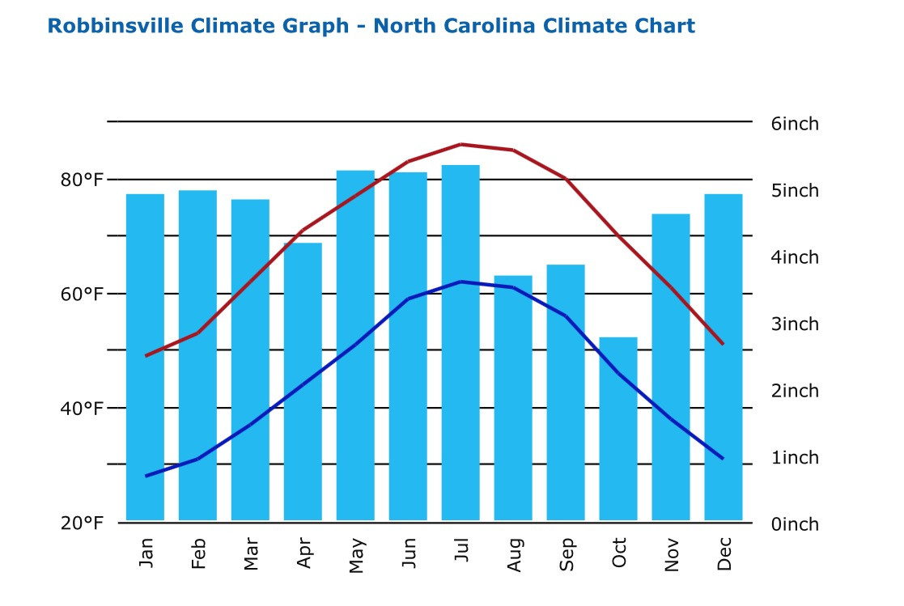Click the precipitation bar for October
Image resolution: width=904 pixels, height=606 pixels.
[x=618, y=429]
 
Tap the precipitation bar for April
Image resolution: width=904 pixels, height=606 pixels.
[x=303, y=381]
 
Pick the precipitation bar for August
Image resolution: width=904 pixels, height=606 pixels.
[x=513, y=398]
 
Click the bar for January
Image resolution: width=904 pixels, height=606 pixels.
[x=145, y=357]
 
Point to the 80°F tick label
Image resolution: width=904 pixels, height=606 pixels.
[x=83, y=180]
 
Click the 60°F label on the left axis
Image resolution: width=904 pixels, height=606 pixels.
[x=83, y=294]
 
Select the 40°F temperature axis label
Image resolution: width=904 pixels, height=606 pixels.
[x=83, y=409]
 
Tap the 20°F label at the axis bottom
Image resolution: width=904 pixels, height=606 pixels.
[x=83, y=523]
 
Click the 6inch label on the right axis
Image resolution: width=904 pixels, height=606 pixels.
[x=795, y=124]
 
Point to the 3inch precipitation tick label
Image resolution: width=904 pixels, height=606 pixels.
[x=795, y=324]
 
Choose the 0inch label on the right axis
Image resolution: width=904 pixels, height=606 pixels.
[x=795, y=524]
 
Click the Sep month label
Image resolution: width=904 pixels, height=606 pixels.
[x=567, y=554]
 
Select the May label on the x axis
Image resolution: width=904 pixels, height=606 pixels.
[x=356, y=556]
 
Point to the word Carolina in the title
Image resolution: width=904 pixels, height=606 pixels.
[x=494, y=26]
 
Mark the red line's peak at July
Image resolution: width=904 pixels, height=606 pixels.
[x=460, y=145]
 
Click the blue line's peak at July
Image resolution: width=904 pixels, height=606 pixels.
[x=460, y=282]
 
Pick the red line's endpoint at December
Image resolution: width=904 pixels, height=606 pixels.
[x=723, y=344]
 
